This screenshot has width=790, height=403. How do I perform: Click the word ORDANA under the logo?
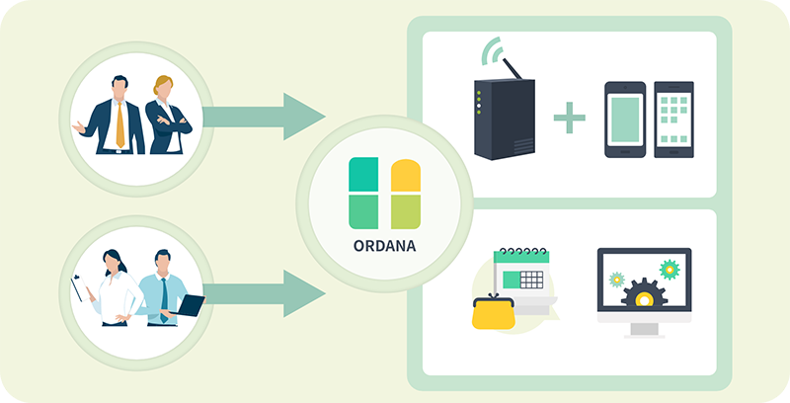(x=384, y=246)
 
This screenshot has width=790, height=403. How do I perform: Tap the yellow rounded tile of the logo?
(x=406, y=175)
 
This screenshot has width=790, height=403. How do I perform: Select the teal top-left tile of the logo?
(x=363, y=174)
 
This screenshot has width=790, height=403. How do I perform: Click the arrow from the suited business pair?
(x=264, y=117)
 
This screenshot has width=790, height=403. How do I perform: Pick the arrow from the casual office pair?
(x=264, y=293)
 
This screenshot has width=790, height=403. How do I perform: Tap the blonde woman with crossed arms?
(x=167, y=115)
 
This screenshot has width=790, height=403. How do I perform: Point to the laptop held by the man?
(x=190, y=305)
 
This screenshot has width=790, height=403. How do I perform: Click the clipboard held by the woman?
(x=80, y=288)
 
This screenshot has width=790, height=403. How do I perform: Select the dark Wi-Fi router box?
(x=505, y=120)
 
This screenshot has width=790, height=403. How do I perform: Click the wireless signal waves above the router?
(x=492, y=49)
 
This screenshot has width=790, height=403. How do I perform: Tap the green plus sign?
(x=570, y=118)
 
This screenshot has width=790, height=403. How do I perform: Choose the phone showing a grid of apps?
(x=673, y=120)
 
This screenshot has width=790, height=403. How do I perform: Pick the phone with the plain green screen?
(x=625, y=120)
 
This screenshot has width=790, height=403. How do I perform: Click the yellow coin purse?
(x=493, y=312)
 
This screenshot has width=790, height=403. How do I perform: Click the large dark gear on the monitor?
(x=644, y=293)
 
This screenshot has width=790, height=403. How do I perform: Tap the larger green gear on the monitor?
(x=670, y=270)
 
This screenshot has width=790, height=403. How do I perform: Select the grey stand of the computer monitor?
(x=644, y=331)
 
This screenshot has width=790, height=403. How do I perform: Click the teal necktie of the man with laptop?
(x=164, y=300)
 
